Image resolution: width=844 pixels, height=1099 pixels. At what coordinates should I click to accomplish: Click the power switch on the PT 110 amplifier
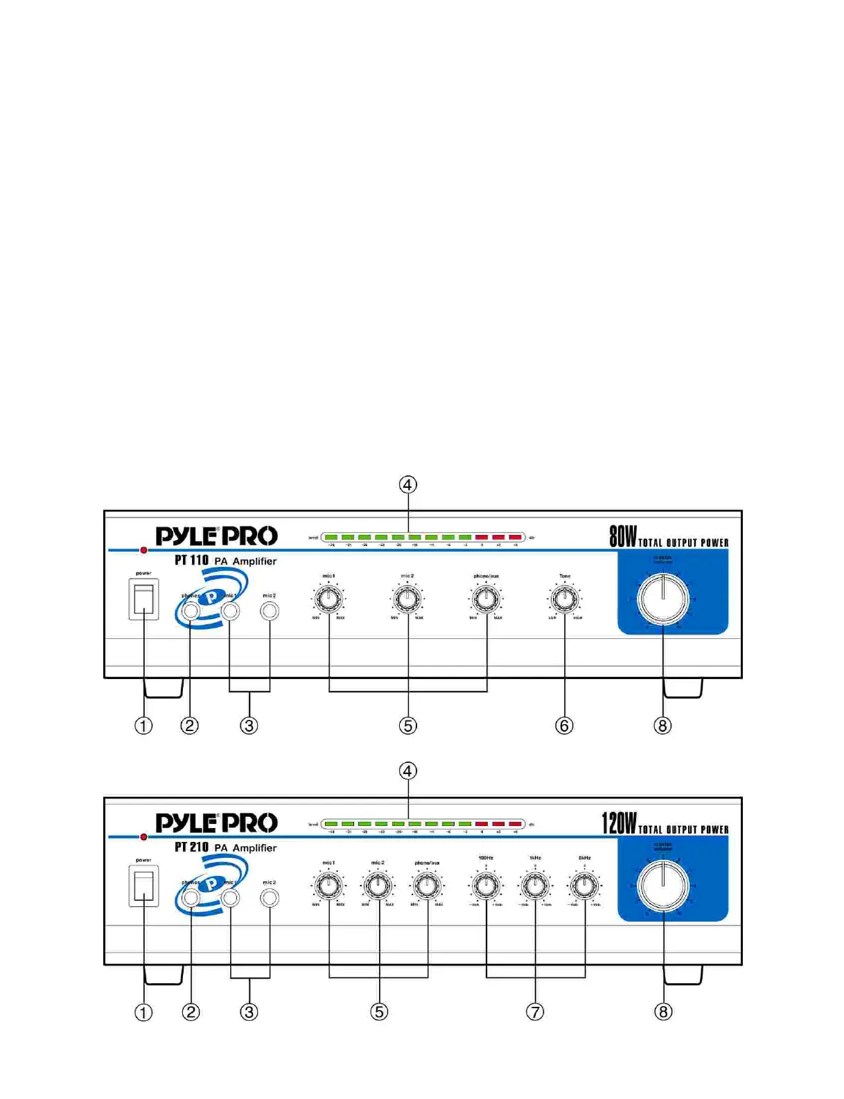(143, 599)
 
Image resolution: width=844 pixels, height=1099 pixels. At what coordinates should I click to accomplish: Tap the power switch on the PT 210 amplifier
(143, 886)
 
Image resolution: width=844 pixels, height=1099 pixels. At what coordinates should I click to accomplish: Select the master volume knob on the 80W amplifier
(663, 599)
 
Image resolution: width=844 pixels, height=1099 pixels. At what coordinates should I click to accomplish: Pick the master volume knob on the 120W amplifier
(663, 886)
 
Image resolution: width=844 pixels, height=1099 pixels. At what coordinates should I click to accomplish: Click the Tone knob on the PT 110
(565, 597)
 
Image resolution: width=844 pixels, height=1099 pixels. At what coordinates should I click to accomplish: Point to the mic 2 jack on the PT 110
(270, 610)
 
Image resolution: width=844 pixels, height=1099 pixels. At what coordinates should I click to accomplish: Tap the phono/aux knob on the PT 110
(486, 597)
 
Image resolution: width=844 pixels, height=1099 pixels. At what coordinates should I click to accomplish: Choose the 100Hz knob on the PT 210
(486, 884)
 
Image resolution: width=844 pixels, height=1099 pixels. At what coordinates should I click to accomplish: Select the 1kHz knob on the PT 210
(535, 884)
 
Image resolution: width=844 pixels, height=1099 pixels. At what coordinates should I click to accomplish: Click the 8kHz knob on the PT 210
(585, 884)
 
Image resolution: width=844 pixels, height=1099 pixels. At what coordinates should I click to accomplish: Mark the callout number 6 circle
(564, 726)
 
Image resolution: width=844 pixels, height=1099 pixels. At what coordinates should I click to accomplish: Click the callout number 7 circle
(535, 1012)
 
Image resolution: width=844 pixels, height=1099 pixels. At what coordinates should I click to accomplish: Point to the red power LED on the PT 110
(143, 550)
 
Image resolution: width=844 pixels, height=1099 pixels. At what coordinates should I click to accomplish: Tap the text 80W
(622, 536)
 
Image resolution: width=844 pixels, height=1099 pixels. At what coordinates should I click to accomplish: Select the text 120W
(618, 823)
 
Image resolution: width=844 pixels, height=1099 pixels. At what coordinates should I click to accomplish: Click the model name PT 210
(191, 847)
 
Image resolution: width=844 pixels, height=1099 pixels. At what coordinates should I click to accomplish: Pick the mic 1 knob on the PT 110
(328, 597)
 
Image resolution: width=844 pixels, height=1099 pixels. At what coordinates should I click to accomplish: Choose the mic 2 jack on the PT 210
(270, 898)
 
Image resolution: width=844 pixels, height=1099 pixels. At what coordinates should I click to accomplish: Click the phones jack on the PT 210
(191, 898)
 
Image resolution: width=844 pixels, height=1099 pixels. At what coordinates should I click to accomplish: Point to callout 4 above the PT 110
(408, 484)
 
